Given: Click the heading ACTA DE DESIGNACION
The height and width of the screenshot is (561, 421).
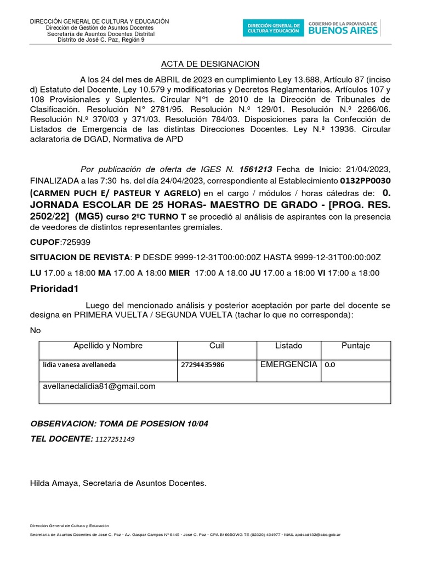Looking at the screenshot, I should (210, 64).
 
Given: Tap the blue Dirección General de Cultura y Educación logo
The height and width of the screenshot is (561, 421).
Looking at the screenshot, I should (274, 28).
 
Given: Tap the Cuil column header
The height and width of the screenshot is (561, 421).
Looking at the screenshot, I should (217, 346).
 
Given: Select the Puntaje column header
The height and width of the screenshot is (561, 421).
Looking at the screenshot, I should (356, 346).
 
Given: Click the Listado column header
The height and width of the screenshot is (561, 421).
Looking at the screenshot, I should (288, 346).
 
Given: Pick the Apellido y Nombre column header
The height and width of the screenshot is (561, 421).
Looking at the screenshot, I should (108, 346).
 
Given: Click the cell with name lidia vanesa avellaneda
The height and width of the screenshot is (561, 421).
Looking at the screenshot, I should (79, 364).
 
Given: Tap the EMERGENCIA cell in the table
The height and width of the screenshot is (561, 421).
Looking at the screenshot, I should (288, 364).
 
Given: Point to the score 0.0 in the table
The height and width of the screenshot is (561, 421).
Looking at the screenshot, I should (331, 364).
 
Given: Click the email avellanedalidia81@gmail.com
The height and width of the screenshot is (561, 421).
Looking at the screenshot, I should (99, 386).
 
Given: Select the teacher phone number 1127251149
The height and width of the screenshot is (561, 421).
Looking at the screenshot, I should (115, 439).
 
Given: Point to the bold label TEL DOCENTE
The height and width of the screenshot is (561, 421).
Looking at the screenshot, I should (60, 438).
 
